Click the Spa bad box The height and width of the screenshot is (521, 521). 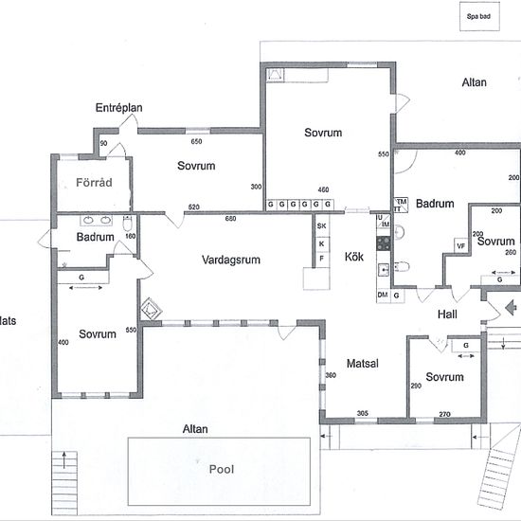[479, 16]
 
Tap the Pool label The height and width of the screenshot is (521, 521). [222, 469]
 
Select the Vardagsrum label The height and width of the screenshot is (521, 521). [231, 260]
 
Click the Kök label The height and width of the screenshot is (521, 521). [354, 257]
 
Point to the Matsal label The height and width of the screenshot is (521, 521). [363, 363]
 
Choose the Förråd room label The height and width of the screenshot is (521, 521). [94, 182]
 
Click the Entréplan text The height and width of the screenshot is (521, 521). [119, 108]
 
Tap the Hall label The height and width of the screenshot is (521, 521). [447, 314]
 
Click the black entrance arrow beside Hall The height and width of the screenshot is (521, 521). [511, 307]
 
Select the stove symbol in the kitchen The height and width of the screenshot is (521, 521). [384, 243]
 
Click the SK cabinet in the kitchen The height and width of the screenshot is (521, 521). [321, 226]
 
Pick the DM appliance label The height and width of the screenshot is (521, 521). [383, 295]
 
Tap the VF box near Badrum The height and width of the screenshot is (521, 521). [461, 246]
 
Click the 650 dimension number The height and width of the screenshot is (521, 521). [196, 141]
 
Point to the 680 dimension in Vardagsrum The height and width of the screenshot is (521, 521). [230, 218]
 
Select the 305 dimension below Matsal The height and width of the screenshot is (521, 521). [363, 413]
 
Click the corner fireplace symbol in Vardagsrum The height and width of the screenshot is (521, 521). [152, 309]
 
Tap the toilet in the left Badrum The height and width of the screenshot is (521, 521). [128, 224]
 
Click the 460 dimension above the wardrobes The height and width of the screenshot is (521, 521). [323, 189]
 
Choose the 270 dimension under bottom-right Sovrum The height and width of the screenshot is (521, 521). [444, 414]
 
